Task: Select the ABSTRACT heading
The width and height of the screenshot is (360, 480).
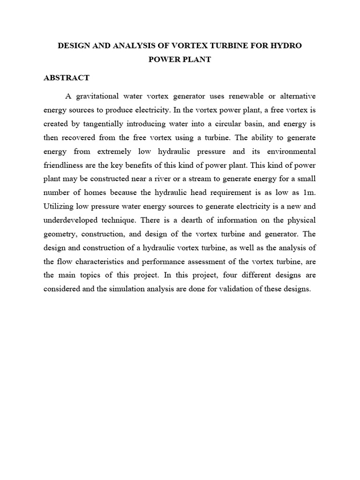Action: point(66,78)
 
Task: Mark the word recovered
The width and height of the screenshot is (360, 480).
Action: point(82,137)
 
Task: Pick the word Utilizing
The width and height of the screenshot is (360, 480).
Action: point(59,206)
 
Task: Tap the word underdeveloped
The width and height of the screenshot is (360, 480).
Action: point(75,220)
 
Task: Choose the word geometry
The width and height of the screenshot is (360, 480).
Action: point(61,234)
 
